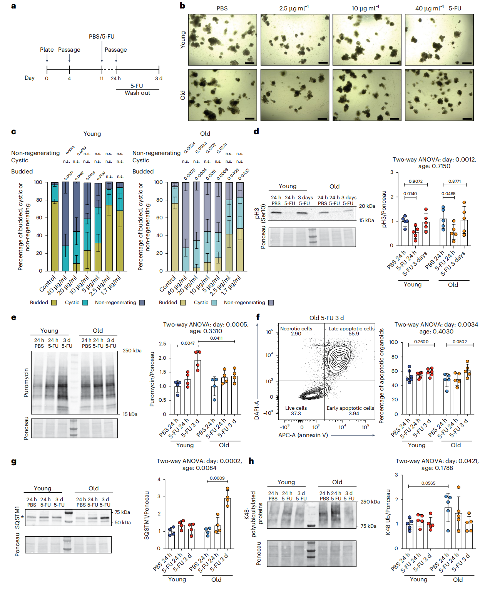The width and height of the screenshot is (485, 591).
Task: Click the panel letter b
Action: point(182,5)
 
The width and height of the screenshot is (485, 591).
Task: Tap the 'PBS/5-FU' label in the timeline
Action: point(102,37)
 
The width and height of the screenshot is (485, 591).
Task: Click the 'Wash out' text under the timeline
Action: point(137,93)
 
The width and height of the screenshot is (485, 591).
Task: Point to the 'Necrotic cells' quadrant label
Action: point(296,329)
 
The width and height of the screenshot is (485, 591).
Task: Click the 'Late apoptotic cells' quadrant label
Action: point(351,329)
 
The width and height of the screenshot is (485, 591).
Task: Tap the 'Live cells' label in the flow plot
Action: point(296,408)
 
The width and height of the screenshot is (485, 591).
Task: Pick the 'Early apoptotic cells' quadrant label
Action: point(350,408)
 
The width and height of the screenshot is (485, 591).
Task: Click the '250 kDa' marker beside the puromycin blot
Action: point(132,351)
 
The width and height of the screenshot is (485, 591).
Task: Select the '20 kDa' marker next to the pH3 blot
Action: point(367,206)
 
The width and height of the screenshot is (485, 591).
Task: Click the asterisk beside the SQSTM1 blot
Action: point(22,517)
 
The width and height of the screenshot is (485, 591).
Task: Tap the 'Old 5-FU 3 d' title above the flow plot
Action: point(326,318)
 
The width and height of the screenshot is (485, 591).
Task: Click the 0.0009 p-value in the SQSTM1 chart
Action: point(217,478)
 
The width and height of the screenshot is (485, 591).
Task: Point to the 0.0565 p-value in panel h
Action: point(428,483)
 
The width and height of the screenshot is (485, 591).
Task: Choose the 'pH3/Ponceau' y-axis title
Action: point(384,209)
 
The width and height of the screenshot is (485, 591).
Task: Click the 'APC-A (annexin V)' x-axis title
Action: point(303,435)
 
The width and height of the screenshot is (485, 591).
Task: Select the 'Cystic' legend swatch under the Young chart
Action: point(85,303)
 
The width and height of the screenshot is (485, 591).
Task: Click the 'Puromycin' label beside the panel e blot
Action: point(26,383)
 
